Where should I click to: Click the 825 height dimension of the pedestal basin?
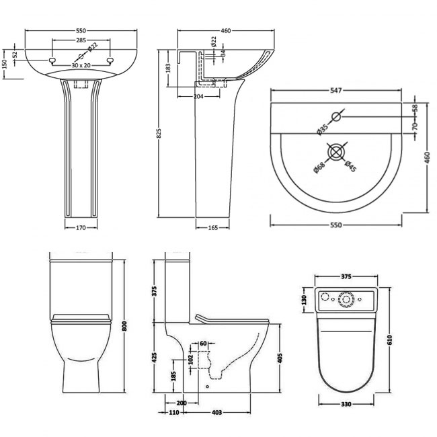(159, 134)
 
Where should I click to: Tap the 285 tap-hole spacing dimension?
(81, 40)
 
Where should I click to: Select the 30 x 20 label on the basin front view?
(81, 65)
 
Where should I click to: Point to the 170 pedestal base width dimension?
(81, 228)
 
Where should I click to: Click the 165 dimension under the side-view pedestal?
(213, 228)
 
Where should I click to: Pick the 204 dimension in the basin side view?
(198, 96)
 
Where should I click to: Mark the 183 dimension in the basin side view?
(168, 69)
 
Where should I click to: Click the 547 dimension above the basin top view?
(336, 90)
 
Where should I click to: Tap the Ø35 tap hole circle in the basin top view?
(336, 116)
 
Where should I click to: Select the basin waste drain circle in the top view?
(336, 152)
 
